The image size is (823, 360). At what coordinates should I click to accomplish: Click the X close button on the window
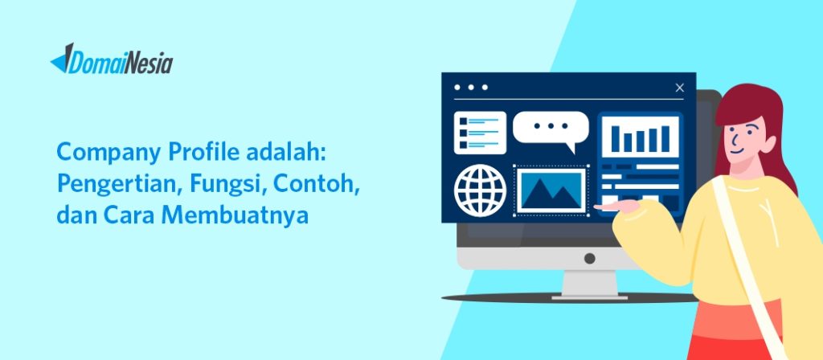click(x=680, y=88)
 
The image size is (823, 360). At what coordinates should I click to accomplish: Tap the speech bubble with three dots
click(x=551, y=129)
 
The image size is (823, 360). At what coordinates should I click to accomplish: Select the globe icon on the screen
click(x=480, y=190)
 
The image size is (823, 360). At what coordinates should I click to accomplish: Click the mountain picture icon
click(x=551, y=190)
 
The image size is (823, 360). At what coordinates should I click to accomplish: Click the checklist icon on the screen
click(x=480, y=132)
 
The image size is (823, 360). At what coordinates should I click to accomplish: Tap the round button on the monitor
click(x=589, y=258)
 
